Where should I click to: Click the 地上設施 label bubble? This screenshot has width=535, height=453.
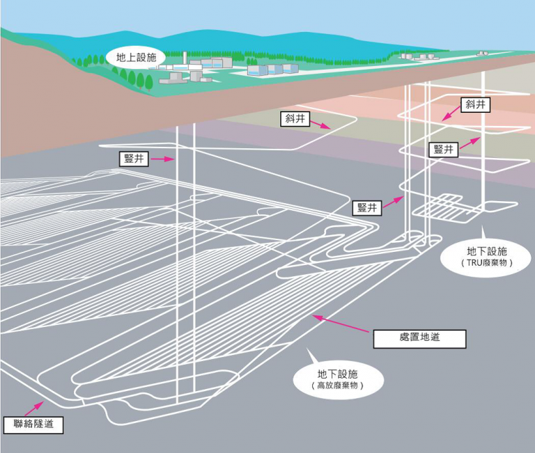[x=136, y=57]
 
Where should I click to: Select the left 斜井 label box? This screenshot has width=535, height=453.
[x=295, y=118]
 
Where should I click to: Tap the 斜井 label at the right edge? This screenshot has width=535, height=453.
[x=475, y=104]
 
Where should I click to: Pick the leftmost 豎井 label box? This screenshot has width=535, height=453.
[x=134, y=159]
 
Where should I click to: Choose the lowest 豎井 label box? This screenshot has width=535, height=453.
[x=367, y=207]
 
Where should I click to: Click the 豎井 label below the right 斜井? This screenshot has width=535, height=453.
[x=443, y=150]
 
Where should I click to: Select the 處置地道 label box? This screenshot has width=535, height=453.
[x=419, y=338]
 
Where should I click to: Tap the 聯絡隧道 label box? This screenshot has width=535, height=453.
[x=33, y=424]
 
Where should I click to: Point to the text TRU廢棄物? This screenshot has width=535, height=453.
[x=486, y=263]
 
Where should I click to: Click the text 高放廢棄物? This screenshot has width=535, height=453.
[x=337, y=386]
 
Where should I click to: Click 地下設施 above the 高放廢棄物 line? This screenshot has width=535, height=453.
[x=337, y=374]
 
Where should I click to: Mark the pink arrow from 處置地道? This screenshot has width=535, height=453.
[x=341, y=324]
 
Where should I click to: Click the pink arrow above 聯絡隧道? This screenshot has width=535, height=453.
[x=33, y=408]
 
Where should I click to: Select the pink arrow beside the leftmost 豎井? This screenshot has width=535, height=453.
[x=163, y=159]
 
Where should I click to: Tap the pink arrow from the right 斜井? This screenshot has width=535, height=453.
[x=451, y=113]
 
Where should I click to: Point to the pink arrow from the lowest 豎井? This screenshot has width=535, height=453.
[x=394, y=202]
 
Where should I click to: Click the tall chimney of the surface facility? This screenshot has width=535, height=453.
[x=184, y=58]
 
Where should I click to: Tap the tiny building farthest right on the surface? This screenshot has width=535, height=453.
[x=482, y=54]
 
